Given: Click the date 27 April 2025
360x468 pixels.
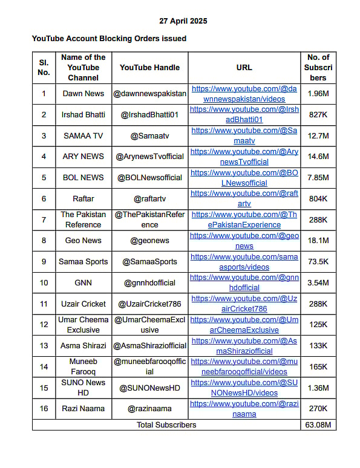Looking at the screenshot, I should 183,21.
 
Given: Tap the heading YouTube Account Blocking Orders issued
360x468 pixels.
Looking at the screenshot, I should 109,38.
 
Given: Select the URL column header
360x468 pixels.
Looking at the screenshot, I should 244,67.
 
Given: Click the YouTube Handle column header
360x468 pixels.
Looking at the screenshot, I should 149,67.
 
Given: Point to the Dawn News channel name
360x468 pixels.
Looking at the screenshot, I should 83,93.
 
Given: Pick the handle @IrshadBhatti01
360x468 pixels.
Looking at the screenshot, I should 149,114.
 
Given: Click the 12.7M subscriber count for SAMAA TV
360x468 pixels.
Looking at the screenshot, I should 318,135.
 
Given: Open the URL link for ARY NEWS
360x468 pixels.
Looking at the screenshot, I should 244,157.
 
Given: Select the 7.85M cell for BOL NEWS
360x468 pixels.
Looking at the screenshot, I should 318,177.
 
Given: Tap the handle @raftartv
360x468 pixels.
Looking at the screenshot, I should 149,198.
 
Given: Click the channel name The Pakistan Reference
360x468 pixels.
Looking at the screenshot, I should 83,219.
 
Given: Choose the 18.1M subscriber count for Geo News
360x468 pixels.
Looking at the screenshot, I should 318,241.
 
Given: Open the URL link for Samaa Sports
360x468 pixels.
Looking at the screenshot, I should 244,262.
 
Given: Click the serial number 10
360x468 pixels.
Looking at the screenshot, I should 44,282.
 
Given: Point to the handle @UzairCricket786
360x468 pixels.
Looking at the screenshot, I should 149,304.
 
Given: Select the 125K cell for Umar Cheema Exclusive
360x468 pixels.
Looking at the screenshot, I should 318,325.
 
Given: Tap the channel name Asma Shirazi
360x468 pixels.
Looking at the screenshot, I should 83,346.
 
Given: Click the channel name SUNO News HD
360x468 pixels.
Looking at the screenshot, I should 83,388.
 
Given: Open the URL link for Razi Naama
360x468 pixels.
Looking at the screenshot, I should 244,409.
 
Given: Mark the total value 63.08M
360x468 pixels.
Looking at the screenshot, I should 318,424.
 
